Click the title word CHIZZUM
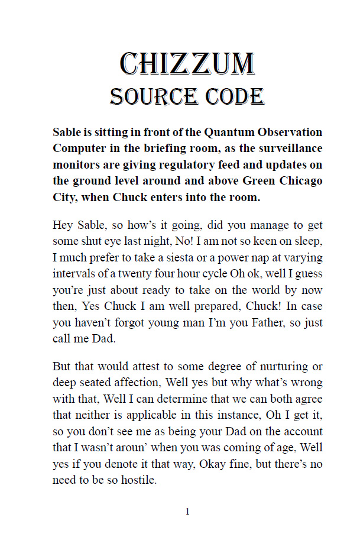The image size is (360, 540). point(187,64)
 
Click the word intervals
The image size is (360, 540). point(73,274)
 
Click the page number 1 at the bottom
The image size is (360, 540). point(187,512)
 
